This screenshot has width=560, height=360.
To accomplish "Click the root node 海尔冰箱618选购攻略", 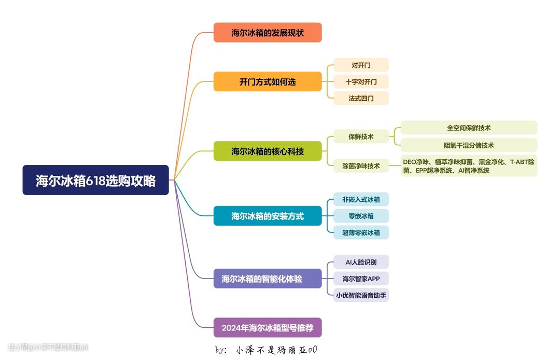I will [x=95, y=180].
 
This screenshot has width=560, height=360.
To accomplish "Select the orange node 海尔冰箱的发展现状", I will [x=268, y=33].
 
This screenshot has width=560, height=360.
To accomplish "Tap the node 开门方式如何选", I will [x=268, y=81].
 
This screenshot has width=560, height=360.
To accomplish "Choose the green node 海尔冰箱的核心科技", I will [x=268, y=151].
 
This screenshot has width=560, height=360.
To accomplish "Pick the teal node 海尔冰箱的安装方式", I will [x=268, y=216].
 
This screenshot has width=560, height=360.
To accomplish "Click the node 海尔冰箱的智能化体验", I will [x=268, y=279].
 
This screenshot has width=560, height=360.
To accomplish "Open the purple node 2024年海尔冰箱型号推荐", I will [x=268, y=328].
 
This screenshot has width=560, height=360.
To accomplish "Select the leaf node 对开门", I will [x=361, y=65].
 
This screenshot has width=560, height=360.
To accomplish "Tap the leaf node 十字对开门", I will [x=361, y=82].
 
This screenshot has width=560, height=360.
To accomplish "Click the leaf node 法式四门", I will [x=361, y=98].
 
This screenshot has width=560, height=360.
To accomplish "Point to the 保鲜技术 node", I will [x=361, y=137].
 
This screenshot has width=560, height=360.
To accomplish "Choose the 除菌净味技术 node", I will [x=361, y=166].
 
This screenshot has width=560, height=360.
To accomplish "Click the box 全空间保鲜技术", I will [x=469, y=128].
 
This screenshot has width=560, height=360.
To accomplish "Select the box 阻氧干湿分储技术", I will [x=469, y=145].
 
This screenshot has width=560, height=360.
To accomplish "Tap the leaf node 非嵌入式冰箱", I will [x=361, y=199].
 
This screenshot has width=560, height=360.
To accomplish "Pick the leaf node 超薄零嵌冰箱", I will [x=361, y=232].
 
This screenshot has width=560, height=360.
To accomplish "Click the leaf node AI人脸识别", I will [x=361, y=262].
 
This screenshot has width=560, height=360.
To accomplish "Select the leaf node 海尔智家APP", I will [x=361, y=279].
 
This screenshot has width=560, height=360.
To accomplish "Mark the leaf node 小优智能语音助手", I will [x=361, y=295].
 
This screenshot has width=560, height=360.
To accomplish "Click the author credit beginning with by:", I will [x=266, y=350].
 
